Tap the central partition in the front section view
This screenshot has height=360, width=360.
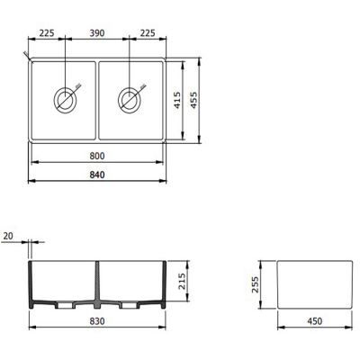(x=98, y=286)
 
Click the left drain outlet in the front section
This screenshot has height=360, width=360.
(x=63, y=306)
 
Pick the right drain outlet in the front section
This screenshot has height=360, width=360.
(x=131, y=306)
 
